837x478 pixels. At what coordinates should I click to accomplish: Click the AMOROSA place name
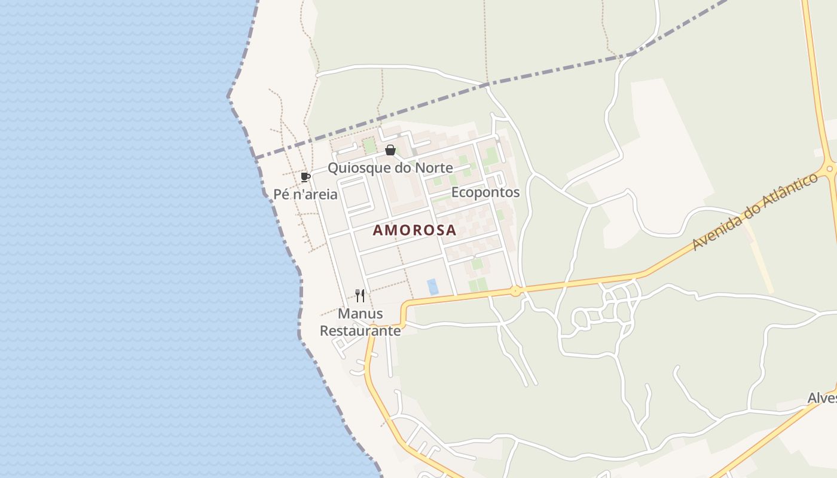click(x=414, y=230)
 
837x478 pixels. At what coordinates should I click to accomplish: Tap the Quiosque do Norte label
click(x=390, y=168)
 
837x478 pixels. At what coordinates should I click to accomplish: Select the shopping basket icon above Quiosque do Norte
click(x=390, y=150)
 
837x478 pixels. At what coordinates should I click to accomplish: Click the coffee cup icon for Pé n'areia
click(x=306, y=177)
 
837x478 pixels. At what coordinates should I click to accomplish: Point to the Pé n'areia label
click(x=306, y=194)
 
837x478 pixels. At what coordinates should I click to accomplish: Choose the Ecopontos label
click(x=485, y=192)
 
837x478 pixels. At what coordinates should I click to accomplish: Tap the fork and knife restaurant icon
click(x=360, y=295)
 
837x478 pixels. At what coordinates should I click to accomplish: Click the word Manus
click(x=361, y=314)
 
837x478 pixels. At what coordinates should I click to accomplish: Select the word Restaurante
click(x=361, y=330)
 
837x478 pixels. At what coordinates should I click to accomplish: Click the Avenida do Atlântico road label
click(x=755, y=212)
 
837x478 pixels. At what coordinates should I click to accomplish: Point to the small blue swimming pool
click(x=433, y=287)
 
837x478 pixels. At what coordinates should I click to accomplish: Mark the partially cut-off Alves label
click(x=822, y=398)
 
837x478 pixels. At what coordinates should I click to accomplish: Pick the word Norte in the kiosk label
click(x=434, y=168)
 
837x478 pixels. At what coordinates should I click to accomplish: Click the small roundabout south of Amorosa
click(x=515, y=292)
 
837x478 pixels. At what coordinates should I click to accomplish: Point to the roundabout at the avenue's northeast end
click(x=830, y=169)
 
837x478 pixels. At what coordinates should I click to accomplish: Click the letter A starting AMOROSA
click(x=378, y=230)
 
